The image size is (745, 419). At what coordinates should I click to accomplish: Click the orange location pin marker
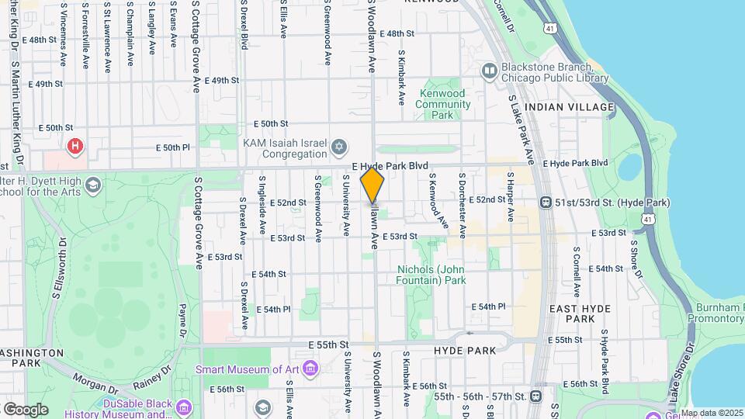click(x=372, y=186)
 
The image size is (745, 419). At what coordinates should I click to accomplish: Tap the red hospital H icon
click(x=75, y=145)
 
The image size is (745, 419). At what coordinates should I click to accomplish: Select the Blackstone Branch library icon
click(x=489, y=72)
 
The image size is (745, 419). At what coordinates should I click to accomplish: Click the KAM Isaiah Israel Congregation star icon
click(x=338, y=147)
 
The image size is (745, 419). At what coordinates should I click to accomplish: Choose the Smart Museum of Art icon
click(x=310, y=367)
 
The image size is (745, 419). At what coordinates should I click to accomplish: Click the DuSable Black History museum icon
click(x=184, y=407)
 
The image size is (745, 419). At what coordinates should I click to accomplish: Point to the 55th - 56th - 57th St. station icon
click(x=535, y=396)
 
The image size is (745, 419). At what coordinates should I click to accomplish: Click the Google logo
click(x=26, y=409)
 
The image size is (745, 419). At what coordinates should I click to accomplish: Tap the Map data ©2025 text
click(x=711, y=414)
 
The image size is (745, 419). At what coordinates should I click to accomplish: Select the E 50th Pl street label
click(x=173, y=147)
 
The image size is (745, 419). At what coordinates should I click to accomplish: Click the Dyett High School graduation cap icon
click(x=93, y=185)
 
